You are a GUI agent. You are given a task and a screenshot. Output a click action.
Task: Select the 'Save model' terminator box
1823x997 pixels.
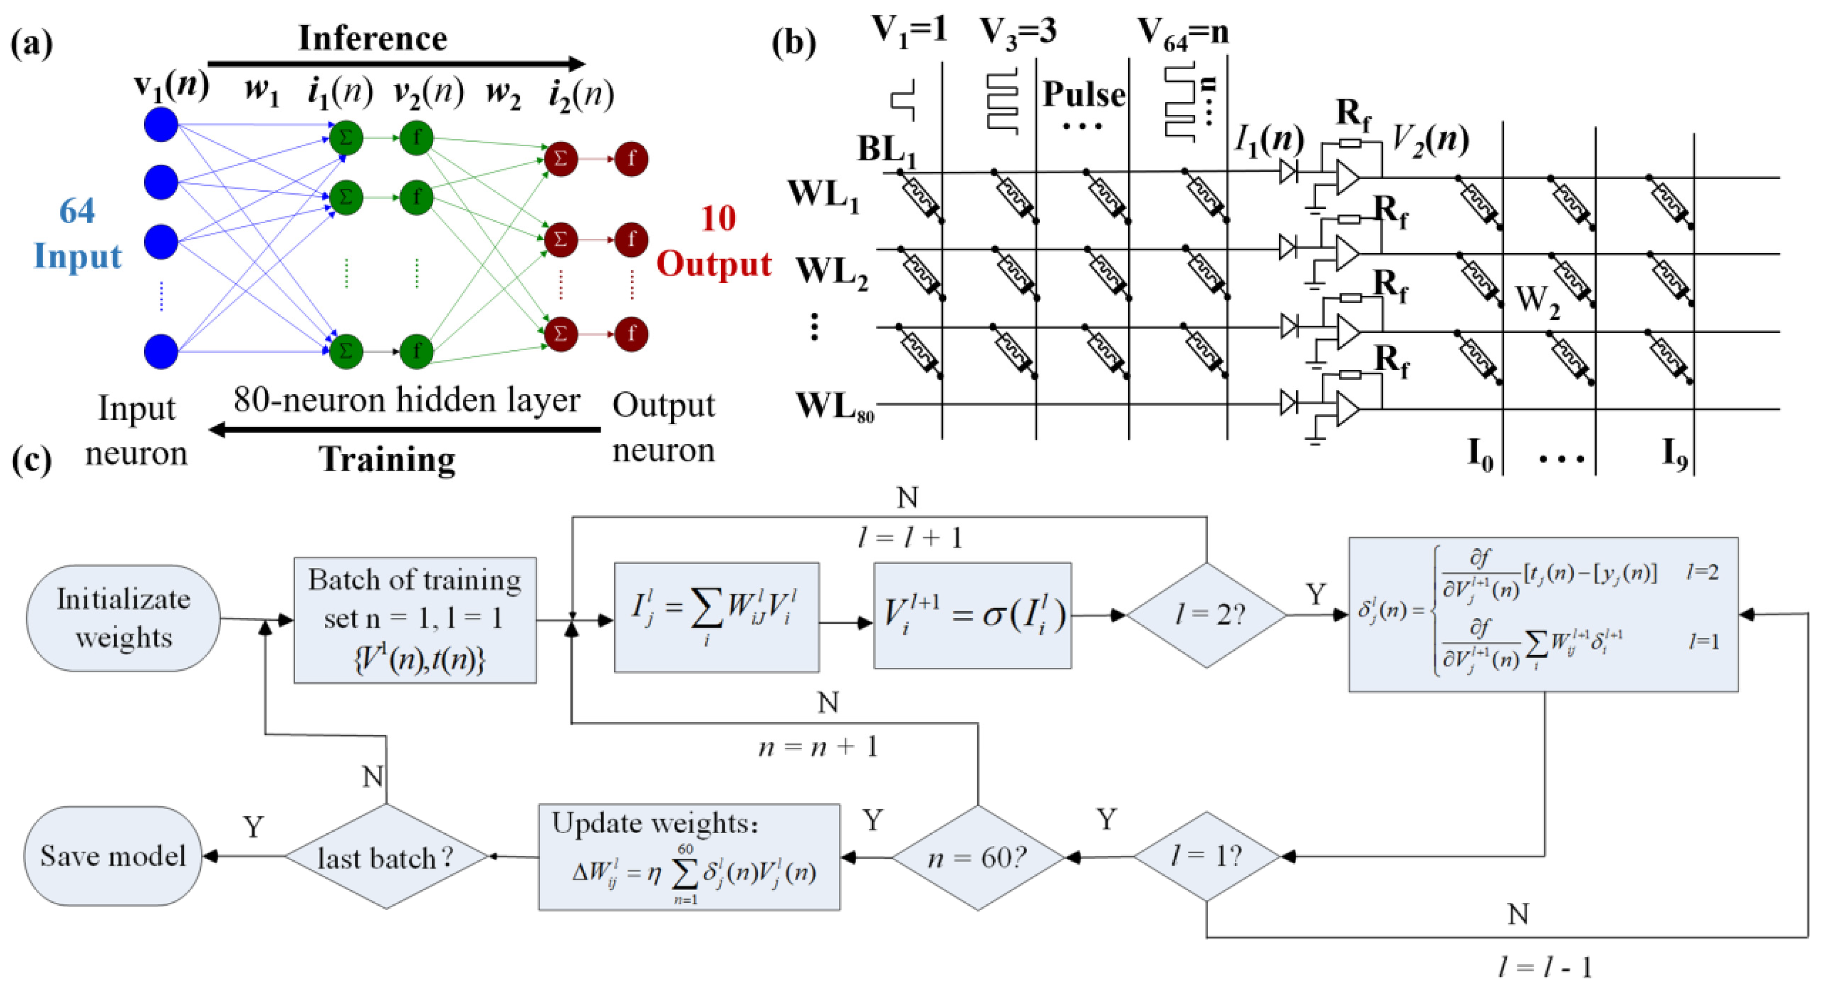click(113, 856)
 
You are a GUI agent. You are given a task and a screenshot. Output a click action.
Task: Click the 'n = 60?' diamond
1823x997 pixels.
click(978, 858)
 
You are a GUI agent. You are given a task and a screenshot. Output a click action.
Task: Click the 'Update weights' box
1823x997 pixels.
click(689, 857)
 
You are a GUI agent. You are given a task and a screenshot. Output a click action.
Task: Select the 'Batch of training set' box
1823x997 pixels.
click(415, 619)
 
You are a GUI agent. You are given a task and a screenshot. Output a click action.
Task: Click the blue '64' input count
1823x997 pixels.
click(76, 211)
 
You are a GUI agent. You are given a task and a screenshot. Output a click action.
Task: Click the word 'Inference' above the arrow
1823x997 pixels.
click(373, 38)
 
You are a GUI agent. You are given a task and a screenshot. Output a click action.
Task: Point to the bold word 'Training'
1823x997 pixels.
click(387, 459)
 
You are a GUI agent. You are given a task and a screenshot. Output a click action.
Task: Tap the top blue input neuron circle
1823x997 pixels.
click(161, 124)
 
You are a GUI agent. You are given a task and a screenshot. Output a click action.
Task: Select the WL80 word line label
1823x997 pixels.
click(834, 407)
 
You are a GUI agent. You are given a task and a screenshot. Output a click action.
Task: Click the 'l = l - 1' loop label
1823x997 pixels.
click(1544, 967)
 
